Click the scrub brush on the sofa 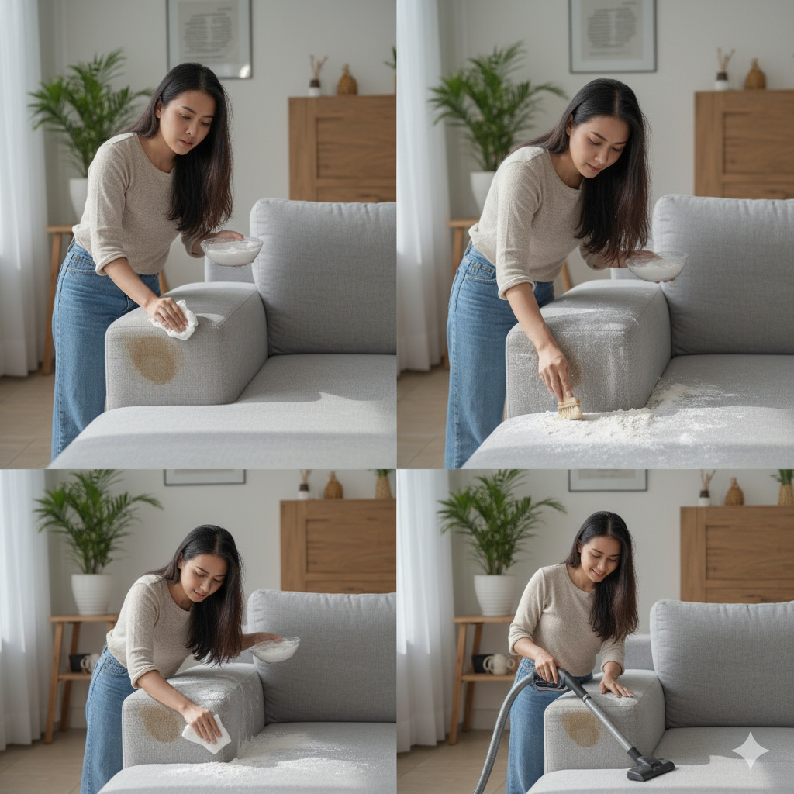[x=569, y=408]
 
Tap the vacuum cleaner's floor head [x=650, y=768]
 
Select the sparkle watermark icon [x=750, y=750]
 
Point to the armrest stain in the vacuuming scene [x=582, y=729]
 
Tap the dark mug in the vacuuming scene [x=480, y=663]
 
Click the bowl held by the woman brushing [x=656, y=266]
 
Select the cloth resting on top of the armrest [x=178, y=319]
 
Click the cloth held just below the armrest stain [x=206, y=734]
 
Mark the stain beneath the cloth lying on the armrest [x=154, y=360]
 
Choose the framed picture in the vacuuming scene [x=607, y=480]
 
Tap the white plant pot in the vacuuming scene [x=494, y=594]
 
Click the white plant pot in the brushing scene [x=482, y=189]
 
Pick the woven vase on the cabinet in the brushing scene [x=754, y=75]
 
